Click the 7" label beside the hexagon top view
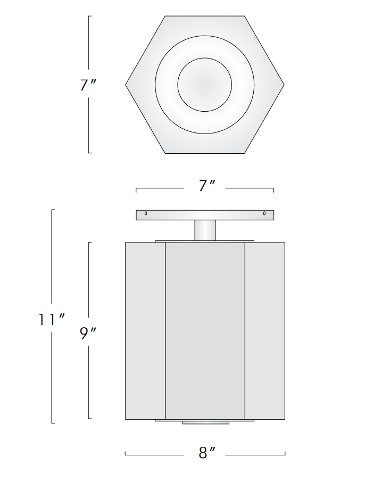88,85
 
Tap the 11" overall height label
52,319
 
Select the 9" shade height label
88,333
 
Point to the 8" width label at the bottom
205,453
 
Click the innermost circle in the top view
205,85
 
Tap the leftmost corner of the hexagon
127,85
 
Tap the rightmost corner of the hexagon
283,85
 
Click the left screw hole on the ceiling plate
146,214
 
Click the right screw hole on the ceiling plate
264,214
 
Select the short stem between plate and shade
205,230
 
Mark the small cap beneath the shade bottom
206,423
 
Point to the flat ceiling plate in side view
205,215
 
